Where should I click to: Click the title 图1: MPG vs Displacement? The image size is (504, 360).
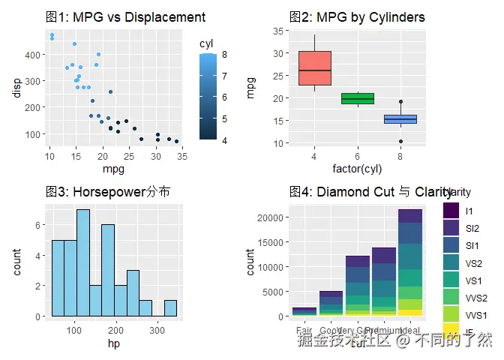coord(124,17)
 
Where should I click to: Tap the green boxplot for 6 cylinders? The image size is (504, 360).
coord(358,98)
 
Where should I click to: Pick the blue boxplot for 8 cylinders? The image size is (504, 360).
coord(400,118)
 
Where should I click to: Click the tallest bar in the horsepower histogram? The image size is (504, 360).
coord(83,262)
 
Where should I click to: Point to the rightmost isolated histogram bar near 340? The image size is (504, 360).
coord(170,308)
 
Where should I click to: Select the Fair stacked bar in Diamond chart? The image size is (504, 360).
coord(304,311)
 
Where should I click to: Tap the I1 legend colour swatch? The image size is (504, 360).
coord(451,211)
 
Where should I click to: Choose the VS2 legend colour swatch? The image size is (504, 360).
coord(451,263)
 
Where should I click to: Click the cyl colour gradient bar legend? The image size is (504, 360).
coord(209,96)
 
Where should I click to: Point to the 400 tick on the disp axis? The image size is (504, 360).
coord(34,55)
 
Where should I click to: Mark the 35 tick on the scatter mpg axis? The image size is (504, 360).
coord(181,156)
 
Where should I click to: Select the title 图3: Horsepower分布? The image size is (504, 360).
coord(107,192)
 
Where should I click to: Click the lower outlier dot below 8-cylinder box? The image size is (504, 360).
coord(400,141)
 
